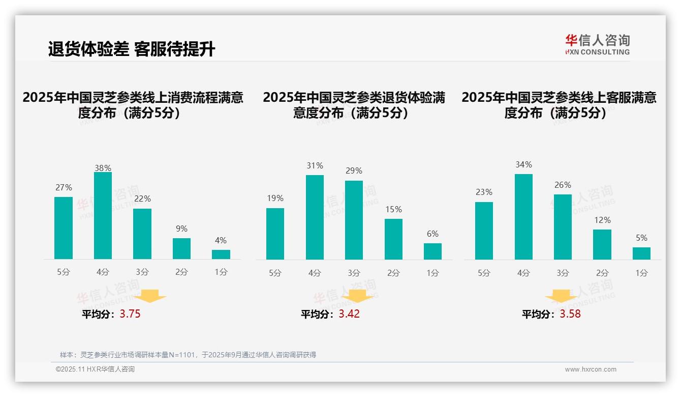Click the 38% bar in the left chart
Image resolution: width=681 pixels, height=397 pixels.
tap(103, 216)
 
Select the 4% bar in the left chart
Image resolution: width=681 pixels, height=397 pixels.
tap(221, 254)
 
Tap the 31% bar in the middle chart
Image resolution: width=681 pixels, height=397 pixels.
tap(315, 217)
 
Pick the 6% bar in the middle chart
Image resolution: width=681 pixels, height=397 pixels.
tap(432, 251)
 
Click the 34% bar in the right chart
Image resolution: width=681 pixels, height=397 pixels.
tap(523, 217)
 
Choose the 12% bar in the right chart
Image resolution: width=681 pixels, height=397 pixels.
tap(602, 245)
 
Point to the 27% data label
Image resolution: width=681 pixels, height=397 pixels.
tap(64, 188)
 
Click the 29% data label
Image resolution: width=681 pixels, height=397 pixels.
tap(354, 171)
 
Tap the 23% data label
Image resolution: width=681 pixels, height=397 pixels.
tap(484, 192)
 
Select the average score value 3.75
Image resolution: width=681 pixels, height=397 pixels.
tap(130, 314)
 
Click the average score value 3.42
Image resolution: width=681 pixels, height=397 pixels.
tap(349, 314)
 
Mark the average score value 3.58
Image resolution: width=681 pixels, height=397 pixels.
tap(570, 314)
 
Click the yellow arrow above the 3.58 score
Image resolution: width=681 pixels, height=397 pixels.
tap(561, 297)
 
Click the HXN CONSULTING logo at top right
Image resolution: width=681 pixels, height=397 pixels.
tap(597, 45)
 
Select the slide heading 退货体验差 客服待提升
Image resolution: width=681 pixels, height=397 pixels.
tap(132, 49)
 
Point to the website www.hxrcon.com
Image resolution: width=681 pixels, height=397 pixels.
tap(591, 370)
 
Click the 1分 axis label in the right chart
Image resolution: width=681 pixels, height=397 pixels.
tap(641, 273)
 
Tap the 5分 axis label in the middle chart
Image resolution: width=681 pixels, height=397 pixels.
tap(275, 273)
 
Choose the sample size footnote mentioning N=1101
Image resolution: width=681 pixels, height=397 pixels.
tap(188, 355)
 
